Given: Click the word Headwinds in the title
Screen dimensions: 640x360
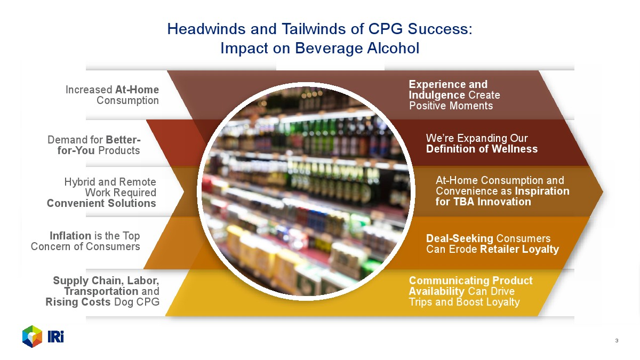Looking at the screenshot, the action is (x=206, y=29).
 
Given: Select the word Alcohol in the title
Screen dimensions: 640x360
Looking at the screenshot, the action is (x=393, y=48).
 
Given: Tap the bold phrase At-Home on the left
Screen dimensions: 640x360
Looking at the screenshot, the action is (x=137, y=90).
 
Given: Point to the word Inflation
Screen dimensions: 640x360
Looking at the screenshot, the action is (x=70, y=236).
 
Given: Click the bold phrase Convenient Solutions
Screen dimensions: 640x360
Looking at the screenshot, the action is (x=101, y=203).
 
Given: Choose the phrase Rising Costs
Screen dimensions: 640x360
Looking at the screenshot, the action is (x=78, y=302).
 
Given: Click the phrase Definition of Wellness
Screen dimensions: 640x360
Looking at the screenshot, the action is (x=482, y=149).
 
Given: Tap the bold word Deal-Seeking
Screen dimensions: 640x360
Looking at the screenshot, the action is (x=460, y=238).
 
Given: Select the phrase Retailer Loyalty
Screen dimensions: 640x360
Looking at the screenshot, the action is (x=519, y=249).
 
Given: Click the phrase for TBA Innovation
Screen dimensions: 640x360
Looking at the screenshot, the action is (x=483, y=202).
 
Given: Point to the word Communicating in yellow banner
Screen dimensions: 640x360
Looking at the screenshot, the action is (x=449, y=281).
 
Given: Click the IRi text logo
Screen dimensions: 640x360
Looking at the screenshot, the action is (x=55, y=337).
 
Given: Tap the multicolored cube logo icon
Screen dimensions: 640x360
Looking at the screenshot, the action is (x=33, y=337).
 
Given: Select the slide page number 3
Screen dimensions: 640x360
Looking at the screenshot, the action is (x=617, y=341).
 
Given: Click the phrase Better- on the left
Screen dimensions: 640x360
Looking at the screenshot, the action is (x=123, y=140).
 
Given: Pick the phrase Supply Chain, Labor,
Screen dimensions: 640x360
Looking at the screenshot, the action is (x=106, y=281).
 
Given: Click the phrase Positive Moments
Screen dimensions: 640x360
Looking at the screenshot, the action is (x=451, y=106).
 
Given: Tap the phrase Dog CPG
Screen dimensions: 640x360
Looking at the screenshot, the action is (x=137, y=302).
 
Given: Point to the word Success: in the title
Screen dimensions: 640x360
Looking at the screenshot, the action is (x=440, y=29).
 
